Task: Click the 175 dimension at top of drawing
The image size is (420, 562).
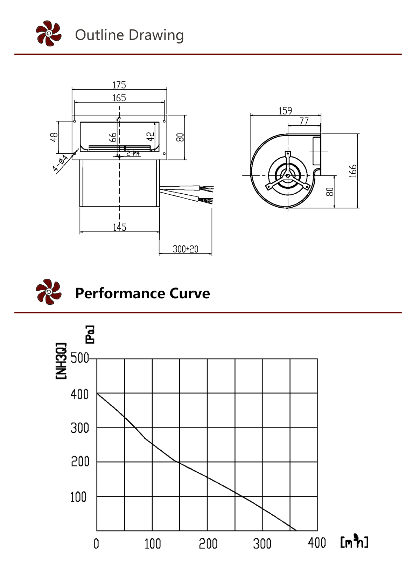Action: coord(119,85)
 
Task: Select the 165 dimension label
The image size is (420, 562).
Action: coord(119,98)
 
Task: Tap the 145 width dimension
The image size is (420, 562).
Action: coord(119,227)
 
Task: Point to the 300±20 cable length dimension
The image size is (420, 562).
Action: coord(185,249)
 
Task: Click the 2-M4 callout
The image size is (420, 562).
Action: coord(133,153)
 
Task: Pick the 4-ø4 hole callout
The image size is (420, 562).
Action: coord(60,163)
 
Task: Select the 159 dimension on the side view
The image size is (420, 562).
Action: coord(285,111)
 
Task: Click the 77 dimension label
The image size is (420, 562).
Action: coord(304,121)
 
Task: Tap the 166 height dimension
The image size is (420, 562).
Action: coord(353,171)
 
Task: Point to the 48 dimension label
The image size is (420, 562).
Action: coord(54,137)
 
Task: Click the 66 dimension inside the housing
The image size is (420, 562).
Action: coord(113,137)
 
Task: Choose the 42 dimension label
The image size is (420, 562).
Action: coord(150,137)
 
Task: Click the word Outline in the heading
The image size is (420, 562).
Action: coord(99,35)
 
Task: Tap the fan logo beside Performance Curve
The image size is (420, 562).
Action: coord(49,292)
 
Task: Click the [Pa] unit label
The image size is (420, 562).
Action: coord(90,335)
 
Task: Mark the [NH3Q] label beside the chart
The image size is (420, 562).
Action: coord(61,361)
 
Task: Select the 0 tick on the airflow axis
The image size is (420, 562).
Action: coord(96,543)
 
